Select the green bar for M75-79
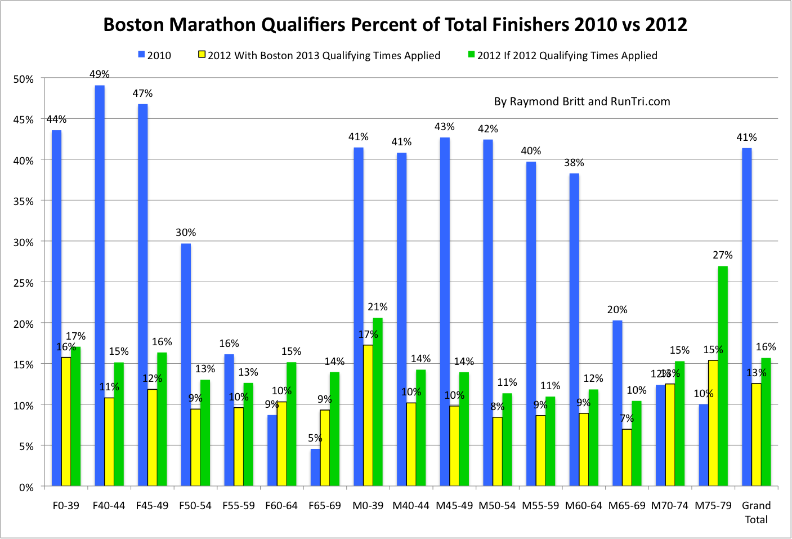[x=723, y=376]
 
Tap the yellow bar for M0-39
[x=368, y=415]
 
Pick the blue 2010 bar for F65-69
[x=315, y=467]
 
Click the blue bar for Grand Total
[x=747, y=317]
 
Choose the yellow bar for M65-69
[x=627, y=457]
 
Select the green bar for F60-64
[x=291, y=424]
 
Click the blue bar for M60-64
[x=574, y=329]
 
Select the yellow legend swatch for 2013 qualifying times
[x=202, y=55]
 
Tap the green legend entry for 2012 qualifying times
[x=563, y=55]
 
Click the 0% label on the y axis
[x=26, y=487]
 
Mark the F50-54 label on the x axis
[x=195, y=505]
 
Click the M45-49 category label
[x=454, y=505]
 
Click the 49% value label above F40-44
[x=100, y=74]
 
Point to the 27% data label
[x=723, y=255]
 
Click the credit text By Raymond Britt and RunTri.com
[x=582, y=101]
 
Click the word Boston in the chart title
[x=133, y=25]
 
